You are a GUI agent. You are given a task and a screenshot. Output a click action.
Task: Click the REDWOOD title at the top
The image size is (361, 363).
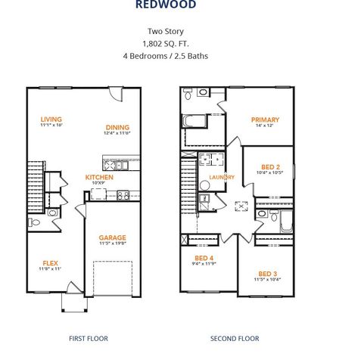click(165, 5)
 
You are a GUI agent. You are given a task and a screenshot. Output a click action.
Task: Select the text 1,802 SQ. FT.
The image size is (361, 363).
click(165, 44)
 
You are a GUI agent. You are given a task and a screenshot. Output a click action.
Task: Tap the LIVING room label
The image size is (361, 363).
click(51, 119)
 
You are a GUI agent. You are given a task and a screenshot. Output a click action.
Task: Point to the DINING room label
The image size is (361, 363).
click(117, 127)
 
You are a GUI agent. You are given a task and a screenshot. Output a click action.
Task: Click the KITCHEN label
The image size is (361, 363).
click(99, 177)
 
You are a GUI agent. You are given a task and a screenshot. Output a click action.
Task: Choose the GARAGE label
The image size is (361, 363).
click(112, 237)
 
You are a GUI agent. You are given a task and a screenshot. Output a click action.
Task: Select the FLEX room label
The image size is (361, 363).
click(51, 262)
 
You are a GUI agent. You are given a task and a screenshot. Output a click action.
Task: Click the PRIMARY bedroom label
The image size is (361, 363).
click(265, 119)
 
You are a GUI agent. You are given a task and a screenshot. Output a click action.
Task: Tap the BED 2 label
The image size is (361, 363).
click(270, 166)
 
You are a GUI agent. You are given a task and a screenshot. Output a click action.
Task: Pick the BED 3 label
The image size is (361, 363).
click(268, 273)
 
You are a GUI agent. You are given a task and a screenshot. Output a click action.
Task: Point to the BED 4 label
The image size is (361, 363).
click(202, 258)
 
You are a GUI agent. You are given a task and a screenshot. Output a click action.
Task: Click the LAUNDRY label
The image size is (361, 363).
click(222, 178)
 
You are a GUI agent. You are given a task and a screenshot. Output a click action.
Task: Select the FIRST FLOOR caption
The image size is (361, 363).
click(89, 338)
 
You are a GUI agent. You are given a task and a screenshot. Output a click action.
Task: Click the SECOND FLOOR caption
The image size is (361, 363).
click(235, 338)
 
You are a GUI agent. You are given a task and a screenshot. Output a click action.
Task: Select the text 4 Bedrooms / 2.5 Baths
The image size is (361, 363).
click(165, 56)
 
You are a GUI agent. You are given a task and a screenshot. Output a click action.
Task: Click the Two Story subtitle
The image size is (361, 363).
click(165, 32)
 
